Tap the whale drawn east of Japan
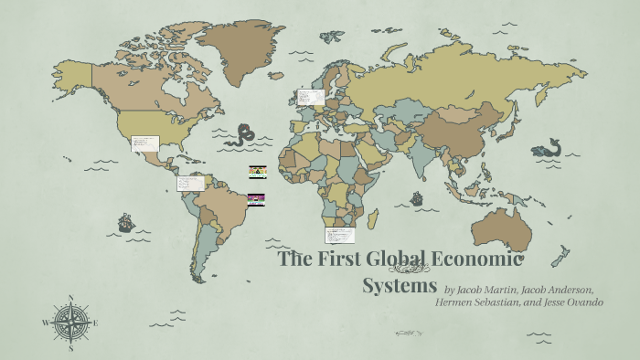[x=549, y=147]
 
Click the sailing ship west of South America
[x=125, y=222]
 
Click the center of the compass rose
[x=70, y=322]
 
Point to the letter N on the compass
[x=70, y=298]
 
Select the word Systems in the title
[x=400, y=285]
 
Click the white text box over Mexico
[x=144, y=143]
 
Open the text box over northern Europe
[x=310, y=95]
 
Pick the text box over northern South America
[x=190, y=183]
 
